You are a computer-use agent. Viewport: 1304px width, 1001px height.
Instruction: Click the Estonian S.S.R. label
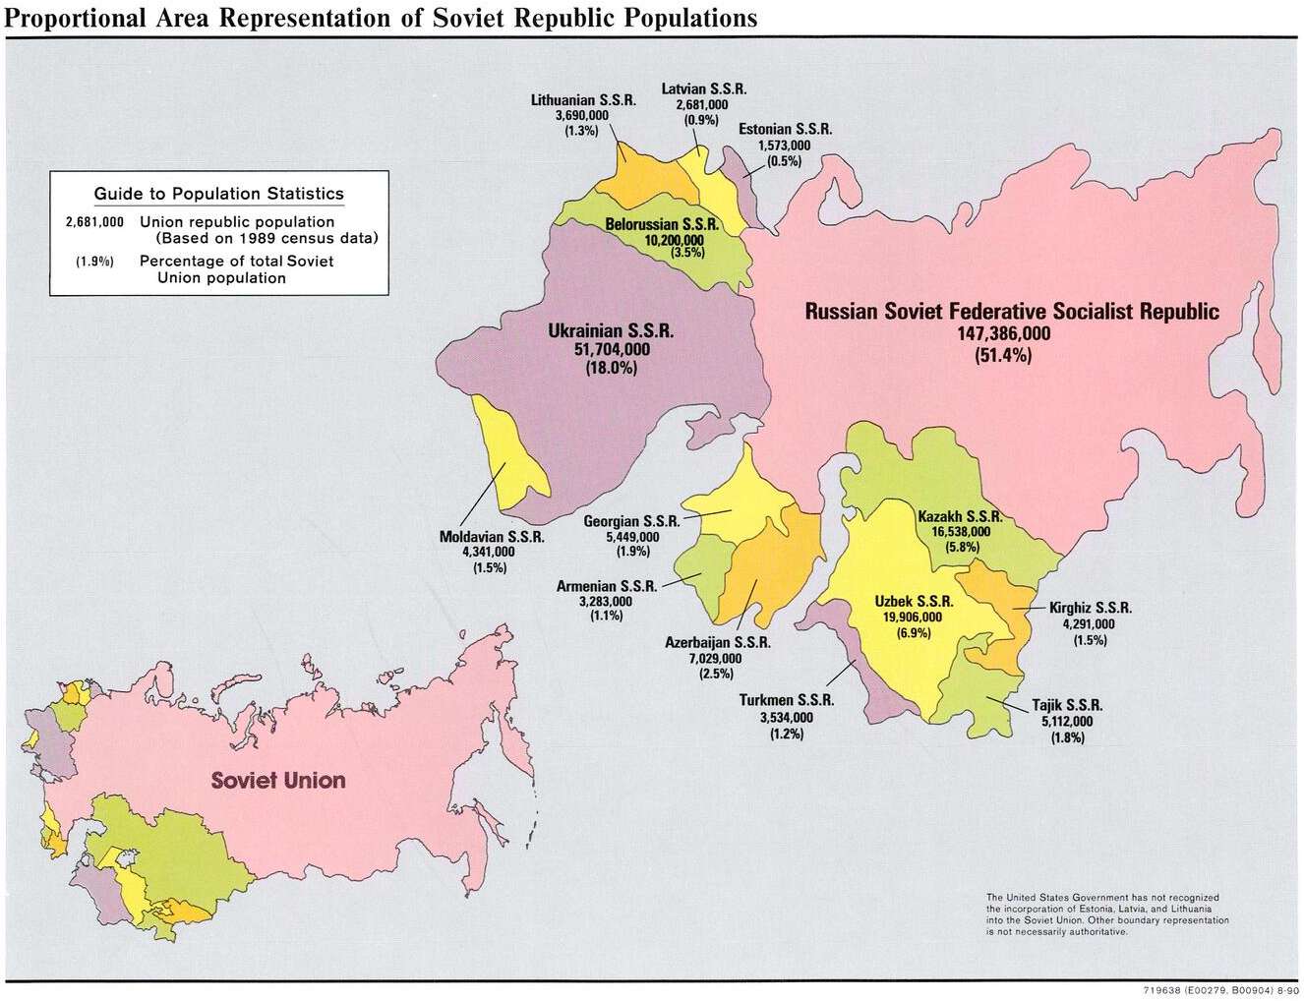785,129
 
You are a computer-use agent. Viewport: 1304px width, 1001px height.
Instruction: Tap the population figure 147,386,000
1003,334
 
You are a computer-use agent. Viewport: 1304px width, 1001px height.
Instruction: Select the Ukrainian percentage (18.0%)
611,369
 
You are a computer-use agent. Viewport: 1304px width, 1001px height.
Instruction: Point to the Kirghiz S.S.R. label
1090,608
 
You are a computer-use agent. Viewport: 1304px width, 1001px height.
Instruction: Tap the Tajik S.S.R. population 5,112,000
1067,722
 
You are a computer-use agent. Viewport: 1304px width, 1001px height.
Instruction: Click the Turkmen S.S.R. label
786,700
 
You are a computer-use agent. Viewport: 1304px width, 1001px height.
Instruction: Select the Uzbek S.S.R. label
914,602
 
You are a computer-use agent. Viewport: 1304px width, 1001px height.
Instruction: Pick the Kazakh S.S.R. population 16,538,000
961,532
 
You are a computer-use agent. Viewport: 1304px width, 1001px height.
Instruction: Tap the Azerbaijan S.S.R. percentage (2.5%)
716,674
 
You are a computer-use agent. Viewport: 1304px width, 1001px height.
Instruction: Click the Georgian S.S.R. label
631,521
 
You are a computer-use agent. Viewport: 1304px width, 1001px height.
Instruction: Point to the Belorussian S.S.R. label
661,224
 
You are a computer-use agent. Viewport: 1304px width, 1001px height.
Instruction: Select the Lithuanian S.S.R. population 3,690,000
582,116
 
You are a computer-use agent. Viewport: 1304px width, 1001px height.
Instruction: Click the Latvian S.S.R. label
703,88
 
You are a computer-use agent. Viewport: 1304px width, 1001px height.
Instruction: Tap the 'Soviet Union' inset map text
278,781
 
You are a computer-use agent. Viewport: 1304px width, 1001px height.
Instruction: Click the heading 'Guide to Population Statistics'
218,194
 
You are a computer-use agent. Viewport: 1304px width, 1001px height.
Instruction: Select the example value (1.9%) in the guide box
94,262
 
